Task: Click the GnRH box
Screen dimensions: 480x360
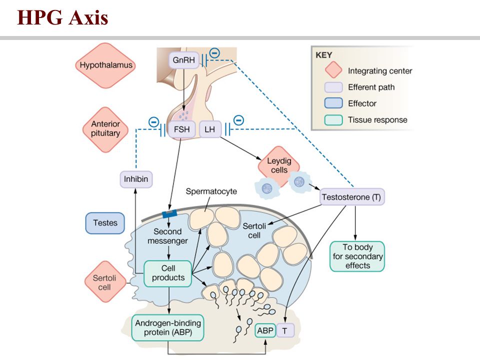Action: point(183,60)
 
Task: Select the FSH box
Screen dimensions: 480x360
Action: point(181,129)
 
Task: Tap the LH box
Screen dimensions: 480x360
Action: point(209,129)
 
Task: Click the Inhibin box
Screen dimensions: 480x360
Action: point(136,179)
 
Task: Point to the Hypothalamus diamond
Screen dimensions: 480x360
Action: point(105,65)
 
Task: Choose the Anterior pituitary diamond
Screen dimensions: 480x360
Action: point(105,129)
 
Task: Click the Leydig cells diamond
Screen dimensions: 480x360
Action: point(278,166)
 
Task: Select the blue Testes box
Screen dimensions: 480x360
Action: point(105,223)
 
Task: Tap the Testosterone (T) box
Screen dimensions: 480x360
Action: point(351,197)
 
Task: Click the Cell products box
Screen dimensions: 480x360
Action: point(168,273)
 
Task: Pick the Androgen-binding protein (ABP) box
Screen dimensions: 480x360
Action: point(168,327)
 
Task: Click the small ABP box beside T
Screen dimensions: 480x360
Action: point(265,330)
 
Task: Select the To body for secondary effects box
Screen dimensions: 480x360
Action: point(357,256)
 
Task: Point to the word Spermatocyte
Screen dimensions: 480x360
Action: point(211,191)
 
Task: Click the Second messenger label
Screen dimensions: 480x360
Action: point(167,236)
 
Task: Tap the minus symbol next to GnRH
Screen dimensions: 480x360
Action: point(214,53)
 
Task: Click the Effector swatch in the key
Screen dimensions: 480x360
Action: point(333,103)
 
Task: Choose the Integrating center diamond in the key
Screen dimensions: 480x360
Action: point(333,69)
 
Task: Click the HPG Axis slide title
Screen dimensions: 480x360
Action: point(63,17)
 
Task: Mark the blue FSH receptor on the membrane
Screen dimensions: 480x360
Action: point(170,213)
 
